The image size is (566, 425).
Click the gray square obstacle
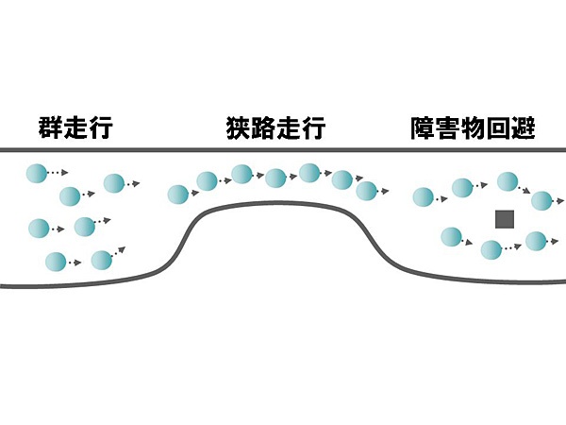click(x=505, y=219)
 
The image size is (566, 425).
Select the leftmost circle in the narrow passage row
click(x=177, y=195)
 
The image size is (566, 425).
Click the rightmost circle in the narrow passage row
click(x=366, y=191)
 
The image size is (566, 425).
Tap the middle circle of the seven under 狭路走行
click(x=275, y=178)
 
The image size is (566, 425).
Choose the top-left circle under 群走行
click(x=36, y=173)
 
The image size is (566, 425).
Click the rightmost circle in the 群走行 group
click(x=114, y=183)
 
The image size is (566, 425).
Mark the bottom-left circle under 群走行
click(x=56, y=261)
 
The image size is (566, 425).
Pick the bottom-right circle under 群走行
click(x=101, y=259)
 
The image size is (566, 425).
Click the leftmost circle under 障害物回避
click(x=424, y=197)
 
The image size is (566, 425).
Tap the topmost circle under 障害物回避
click(x=508, y=180)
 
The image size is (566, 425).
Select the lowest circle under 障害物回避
click(x=490, y=249)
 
